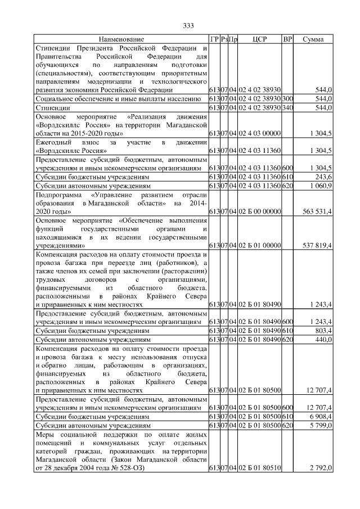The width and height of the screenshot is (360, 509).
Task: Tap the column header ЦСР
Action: (x=260, y=39)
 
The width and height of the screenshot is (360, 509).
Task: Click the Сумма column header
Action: (x=313, y=39)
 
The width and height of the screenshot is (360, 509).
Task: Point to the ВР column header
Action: (x=287, y=39)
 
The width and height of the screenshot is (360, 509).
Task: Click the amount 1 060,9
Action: (x=318, y=185)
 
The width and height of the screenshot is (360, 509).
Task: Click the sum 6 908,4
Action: (x=318, y=416)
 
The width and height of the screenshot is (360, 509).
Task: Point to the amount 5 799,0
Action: (x=318, y=425)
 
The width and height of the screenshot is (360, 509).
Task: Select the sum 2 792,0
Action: (x=318, y=468)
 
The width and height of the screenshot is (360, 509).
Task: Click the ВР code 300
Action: (x=287, y=98)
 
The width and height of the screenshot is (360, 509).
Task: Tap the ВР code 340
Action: (x=287, y=107)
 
